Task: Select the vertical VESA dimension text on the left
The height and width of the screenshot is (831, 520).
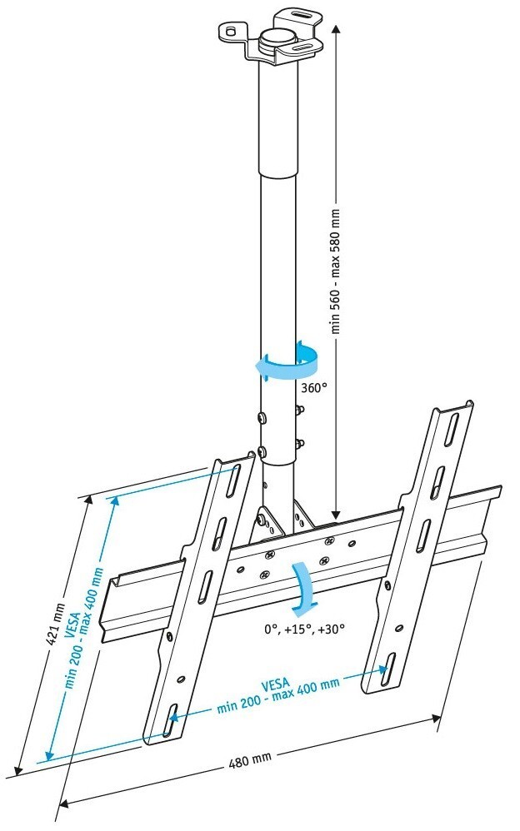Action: (83, 620)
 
